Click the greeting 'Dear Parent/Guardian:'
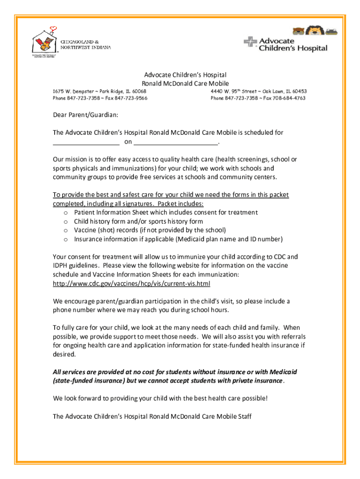(x=85, y=115)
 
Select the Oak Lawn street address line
(x=259, y=91)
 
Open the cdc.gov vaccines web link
(x=131, y=283)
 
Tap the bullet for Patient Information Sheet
(x=66, y=213)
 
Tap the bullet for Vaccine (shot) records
(x=66, y=231)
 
